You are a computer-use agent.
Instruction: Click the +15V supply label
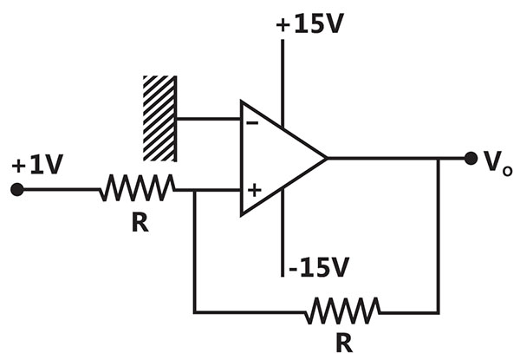click(309, 24)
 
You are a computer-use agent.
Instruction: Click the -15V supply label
click(319, 267)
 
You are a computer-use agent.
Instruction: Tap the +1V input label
click(37, 164)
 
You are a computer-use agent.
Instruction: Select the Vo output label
click(497, 163)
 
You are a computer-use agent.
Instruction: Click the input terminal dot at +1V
click(17, 190)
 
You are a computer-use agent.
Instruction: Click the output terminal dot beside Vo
click(471, 158)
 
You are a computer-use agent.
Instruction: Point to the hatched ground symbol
click(159, 119)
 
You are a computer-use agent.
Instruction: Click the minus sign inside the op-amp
click(252, 123)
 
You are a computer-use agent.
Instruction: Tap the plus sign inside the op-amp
click(254, 191)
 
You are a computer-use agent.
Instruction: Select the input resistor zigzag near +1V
click(138, 187)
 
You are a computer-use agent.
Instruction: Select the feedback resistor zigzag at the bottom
click(342, 311)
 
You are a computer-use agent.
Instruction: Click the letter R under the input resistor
click(140, 222)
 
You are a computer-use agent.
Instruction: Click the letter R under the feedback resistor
click(344, 343)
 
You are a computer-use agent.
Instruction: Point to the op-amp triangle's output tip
click(327, 158)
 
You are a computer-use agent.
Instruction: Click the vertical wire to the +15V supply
click(283, 83)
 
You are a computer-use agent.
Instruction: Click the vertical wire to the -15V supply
click(283, 232)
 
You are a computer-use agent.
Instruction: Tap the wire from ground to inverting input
click(209, 119)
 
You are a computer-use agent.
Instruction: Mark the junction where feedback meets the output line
click(438, 159)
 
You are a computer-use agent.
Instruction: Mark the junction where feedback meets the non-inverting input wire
click(195, 190)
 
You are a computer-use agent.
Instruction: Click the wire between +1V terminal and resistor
click(62, 190)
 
